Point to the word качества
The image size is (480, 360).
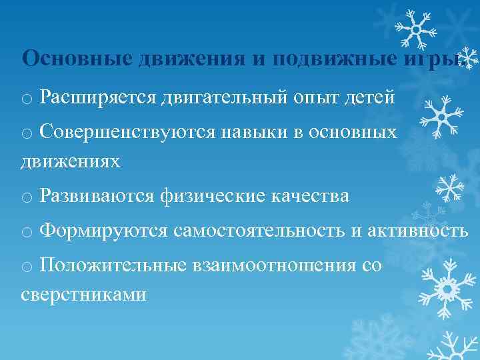pyautogui.click(x=310, y=196)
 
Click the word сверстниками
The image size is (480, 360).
pyautogui.click(x=83, y=294)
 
